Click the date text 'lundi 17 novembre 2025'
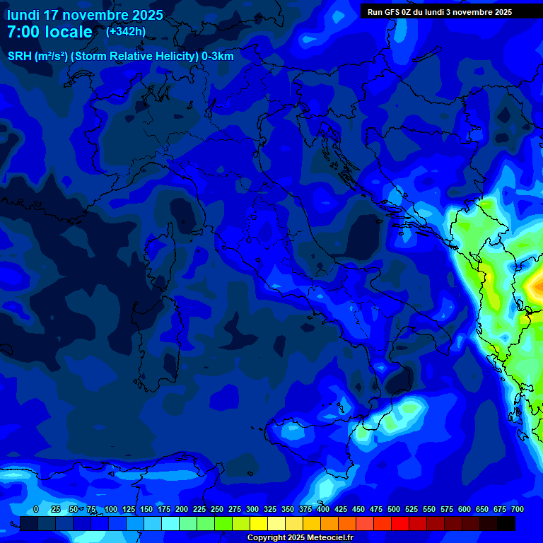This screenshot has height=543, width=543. click(85, 15)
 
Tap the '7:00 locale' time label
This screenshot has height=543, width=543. click(49, 32)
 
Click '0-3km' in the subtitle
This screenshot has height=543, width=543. click(217, 57)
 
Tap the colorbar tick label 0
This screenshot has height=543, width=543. click(36, 509)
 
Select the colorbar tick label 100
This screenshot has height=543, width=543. click(111, 509)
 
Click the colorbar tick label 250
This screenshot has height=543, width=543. click(217, 509)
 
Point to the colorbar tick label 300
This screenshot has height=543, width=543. click(252, 509)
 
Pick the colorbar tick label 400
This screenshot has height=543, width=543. click(323, 509)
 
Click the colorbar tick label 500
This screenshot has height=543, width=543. click(394, 509)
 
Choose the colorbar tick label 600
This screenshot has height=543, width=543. click(465, 509)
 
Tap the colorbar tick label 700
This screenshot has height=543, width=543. click(518, 509)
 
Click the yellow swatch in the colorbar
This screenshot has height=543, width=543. click(259, 524)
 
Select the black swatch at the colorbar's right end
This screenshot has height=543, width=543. click(506, 524)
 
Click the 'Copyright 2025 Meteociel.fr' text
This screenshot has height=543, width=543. click(300, 538)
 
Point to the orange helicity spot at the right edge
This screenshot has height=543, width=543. click(535, 286)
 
